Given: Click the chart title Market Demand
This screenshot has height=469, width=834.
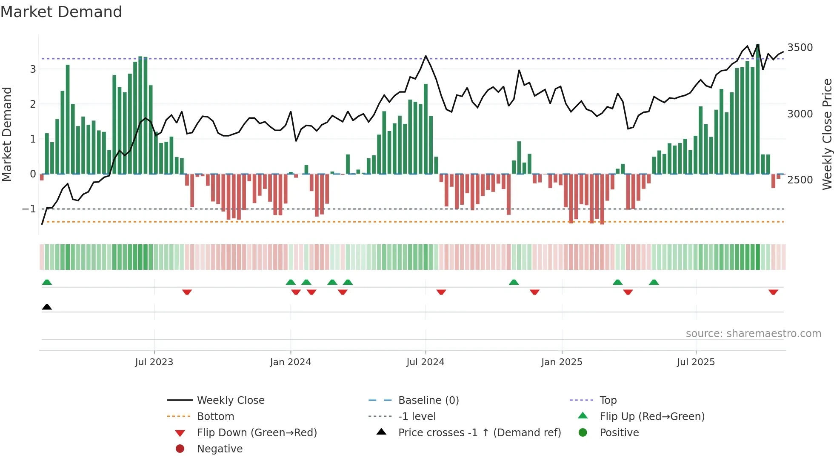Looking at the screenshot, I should click(x=61, y=12).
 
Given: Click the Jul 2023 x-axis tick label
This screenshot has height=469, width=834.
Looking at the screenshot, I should click(x=154, y=362).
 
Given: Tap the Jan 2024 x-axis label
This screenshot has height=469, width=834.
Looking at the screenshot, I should click(x=291, y=362).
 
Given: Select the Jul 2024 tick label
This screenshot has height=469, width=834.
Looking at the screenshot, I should click(x=426, y=362).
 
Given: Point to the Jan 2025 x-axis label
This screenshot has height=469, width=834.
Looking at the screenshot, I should click(x=562, y=362).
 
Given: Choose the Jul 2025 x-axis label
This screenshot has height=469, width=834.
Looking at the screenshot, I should click(x=696, y=362).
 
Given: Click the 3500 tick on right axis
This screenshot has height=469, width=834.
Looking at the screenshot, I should click(x=800, y=48).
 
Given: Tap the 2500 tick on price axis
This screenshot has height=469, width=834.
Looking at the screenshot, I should click(x=800, y=180).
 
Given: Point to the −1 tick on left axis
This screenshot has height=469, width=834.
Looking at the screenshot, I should click(x=29, y=209).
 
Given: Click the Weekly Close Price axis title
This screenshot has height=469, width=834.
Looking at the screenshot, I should click(x=827, y=134).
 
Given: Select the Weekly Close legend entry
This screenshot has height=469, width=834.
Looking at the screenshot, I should click(x=231, y=400).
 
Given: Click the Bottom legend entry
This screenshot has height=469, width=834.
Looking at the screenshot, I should click(x=215, y=417).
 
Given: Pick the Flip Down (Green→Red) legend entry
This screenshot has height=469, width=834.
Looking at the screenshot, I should click(x=257, y=433).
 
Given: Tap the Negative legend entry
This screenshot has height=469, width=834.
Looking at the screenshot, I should click(x=220, y=449).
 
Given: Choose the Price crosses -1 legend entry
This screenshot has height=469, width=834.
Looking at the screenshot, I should click(x=480, y=433).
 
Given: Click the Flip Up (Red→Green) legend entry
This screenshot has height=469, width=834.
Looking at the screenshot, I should click(x=652, y=417).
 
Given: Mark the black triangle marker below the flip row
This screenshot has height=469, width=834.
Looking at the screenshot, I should click(x=47, y=307).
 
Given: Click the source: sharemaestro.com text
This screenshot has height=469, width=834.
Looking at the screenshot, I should click(x=753, y=334).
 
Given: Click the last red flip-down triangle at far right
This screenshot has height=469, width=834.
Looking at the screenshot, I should click(x=773, y=292).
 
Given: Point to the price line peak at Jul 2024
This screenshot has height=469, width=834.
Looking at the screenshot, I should click(x=426, y=56).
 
